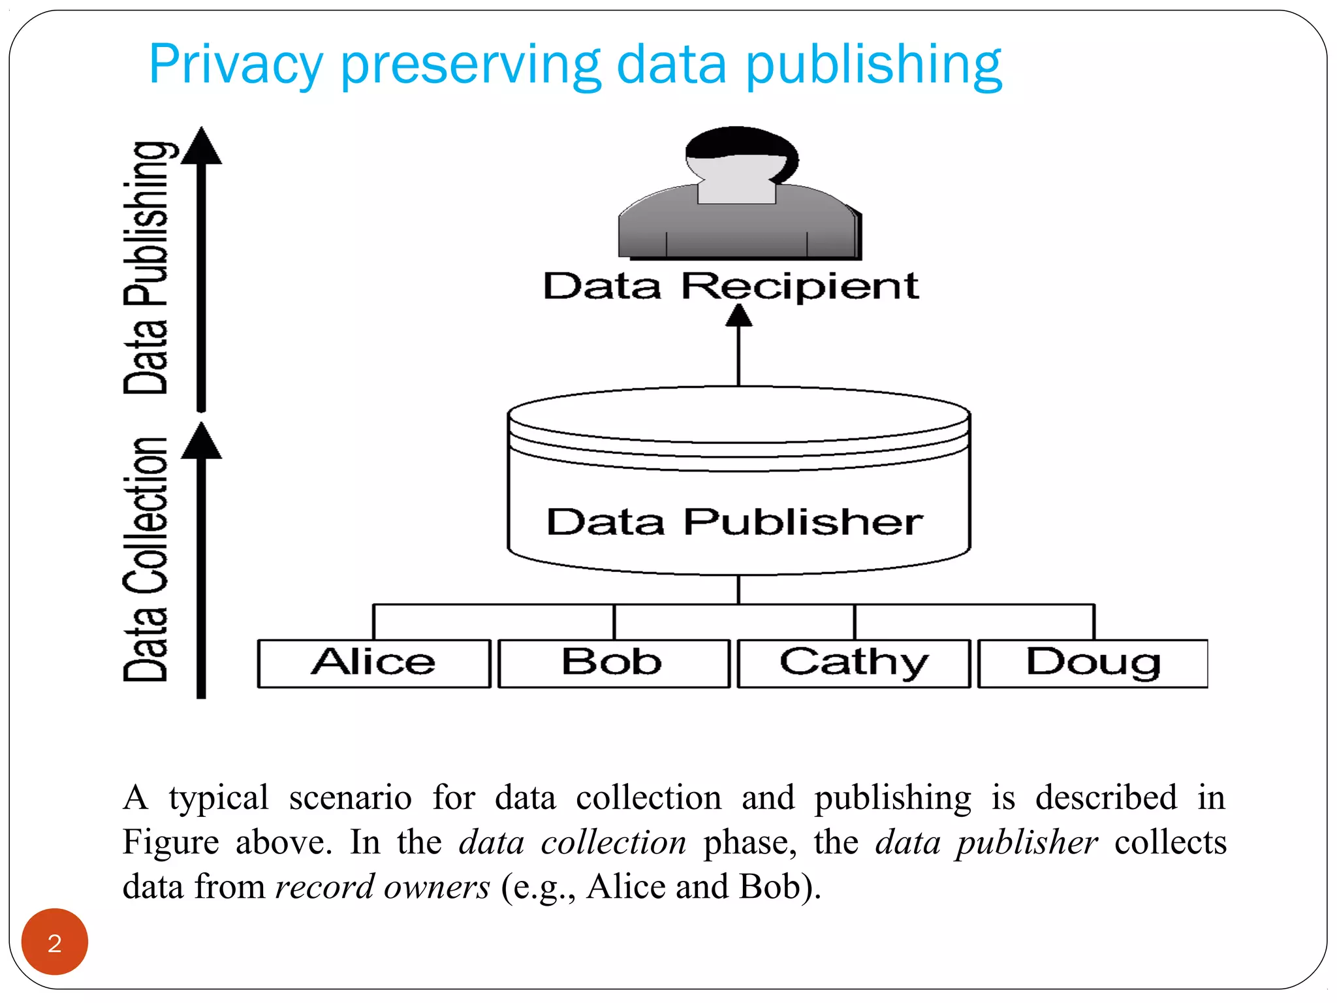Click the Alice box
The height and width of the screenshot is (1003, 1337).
(x=373, y=663)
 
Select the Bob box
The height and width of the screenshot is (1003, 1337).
(x=613, y=663)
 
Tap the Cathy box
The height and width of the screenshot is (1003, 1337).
(x=853, y=663)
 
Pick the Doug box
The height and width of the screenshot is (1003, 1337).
(x=1093, y=663)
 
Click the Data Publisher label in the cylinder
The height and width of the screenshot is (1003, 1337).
(x=734, y=522)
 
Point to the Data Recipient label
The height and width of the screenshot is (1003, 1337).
(x=731, y=286)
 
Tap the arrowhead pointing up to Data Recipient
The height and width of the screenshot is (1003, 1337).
(x=738, y=316)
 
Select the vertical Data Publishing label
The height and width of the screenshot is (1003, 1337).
(x=146, y=268)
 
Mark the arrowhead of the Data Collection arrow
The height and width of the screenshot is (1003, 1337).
(x=201, y=441)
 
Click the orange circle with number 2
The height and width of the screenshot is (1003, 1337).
(x=55, y=942)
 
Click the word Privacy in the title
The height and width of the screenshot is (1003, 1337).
(x=236, y=65)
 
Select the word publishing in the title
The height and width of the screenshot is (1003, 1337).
(x=873, y=65)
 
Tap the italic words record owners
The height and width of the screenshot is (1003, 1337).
(x=382, y=887)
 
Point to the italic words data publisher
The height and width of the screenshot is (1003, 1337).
(x=986, y=842)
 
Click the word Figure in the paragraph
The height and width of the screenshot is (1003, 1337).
(x=171, y=842)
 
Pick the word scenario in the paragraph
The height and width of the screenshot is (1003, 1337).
(x=350, y=798)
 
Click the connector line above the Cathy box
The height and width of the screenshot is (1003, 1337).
(x=854, y=622)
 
